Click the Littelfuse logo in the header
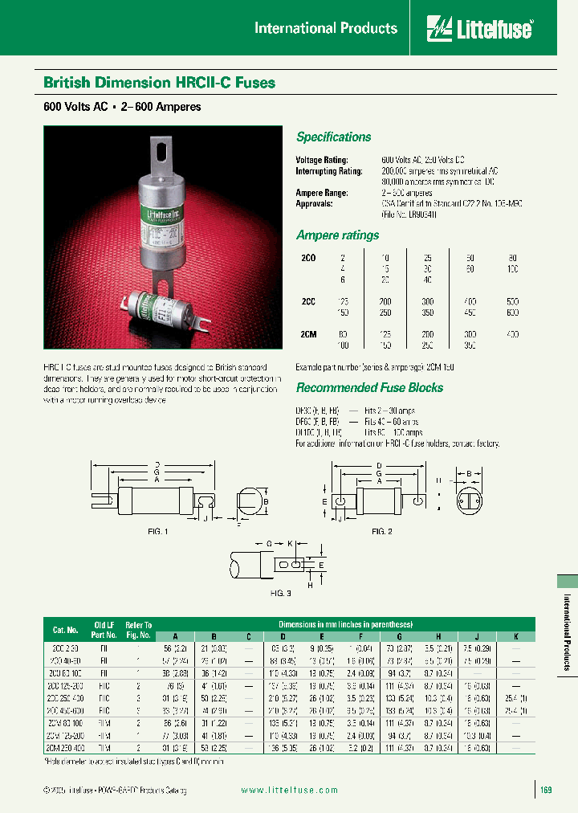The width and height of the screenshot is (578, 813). coord(479,29)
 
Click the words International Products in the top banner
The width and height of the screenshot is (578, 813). coord(325,28)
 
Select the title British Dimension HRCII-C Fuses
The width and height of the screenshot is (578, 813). coord(159,82)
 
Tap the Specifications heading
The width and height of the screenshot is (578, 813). coord(333,137)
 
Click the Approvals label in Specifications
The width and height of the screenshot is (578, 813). coord(315,204)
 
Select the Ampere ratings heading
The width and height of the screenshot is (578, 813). coord(337,235)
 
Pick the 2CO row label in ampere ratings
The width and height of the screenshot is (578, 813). coord(307,258)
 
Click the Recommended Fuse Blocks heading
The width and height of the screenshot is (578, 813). coord(369,387)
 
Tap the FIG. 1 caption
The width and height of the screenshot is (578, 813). coord(158,531)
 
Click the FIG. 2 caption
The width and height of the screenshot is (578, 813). coord(381,531)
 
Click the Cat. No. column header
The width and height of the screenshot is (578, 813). coord(66,630)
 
